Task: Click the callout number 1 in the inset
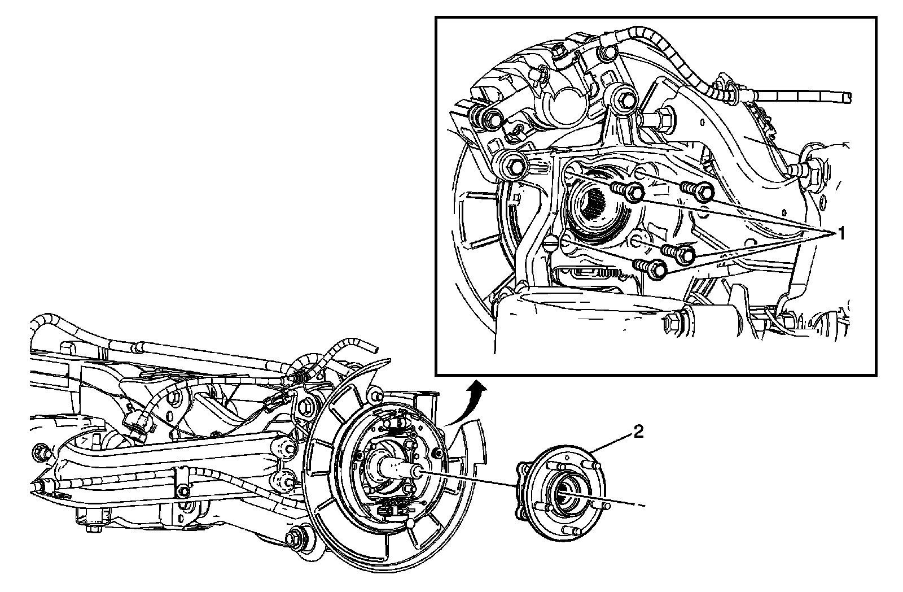pos(841,233)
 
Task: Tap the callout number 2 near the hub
pos(638,432)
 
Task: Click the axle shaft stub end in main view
pos(415,471)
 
